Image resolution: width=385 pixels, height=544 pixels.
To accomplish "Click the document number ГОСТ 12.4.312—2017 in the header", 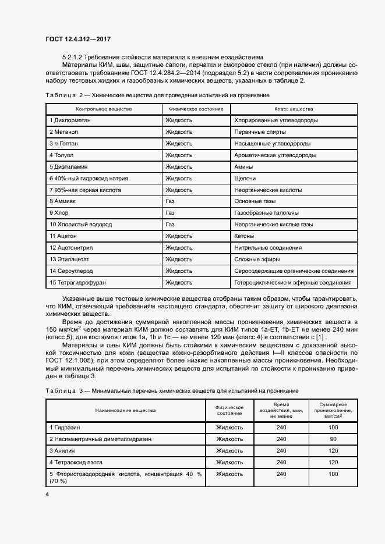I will point(78,39).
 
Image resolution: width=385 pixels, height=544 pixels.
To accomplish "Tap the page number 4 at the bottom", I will point(47,494).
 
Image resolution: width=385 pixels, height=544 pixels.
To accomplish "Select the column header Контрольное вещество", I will point(104,109).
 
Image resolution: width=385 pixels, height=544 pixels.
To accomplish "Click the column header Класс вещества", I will point(294,109).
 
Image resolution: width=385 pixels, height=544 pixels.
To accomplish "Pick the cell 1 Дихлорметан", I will point(70,120).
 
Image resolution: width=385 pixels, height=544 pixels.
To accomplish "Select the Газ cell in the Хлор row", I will point(170,212).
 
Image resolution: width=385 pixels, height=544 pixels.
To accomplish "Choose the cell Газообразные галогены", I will point(267,212).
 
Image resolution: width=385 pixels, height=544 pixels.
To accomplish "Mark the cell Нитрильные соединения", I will point(268,247).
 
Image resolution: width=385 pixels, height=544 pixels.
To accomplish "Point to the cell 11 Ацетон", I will point(63,236).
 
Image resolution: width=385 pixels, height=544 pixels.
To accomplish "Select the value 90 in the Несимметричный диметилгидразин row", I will point(333,439).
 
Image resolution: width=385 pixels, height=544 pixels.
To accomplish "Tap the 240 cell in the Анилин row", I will point(282,450).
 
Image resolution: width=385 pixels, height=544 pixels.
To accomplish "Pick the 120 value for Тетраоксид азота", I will point(333,462).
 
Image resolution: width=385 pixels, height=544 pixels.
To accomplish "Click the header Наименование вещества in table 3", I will point(126,410).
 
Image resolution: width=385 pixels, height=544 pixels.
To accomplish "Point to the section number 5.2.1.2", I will point(73,58).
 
